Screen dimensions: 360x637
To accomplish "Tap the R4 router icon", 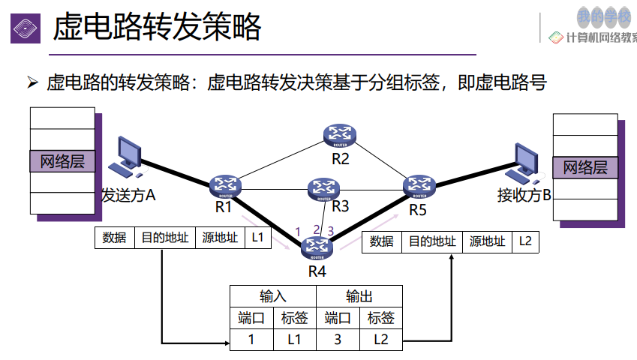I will coord(317,247).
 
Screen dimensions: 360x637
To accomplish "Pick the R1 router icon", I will coord(224,184).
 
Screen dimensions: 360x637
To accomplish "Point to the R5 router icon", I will coord(419,184).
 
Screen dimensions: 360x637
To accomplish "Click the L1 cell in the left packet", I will coord(257,238).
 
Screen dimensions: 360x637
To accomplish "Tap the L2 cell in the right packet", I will coord(525,241).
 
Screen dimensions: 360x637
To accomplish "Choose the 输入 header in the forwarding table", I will coord(272,295).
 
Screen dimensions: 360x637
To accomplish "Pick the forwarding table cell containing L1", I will coord(294,339).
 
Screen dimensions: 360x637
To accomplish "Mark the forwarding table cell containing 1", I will coord(251,339).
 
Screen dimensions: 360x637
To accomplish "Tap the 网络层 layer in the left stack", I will coord(62,161).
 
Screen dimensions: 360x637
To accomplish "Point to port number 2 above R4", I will coord(316,230).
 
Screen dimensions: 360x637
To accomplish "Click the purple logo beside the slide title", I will coord(25,28).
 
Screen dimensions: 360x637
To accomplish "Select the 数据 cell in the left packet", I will coord(114,238).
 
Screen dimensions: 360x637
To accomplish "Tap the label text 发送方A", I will coord(128,196).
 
